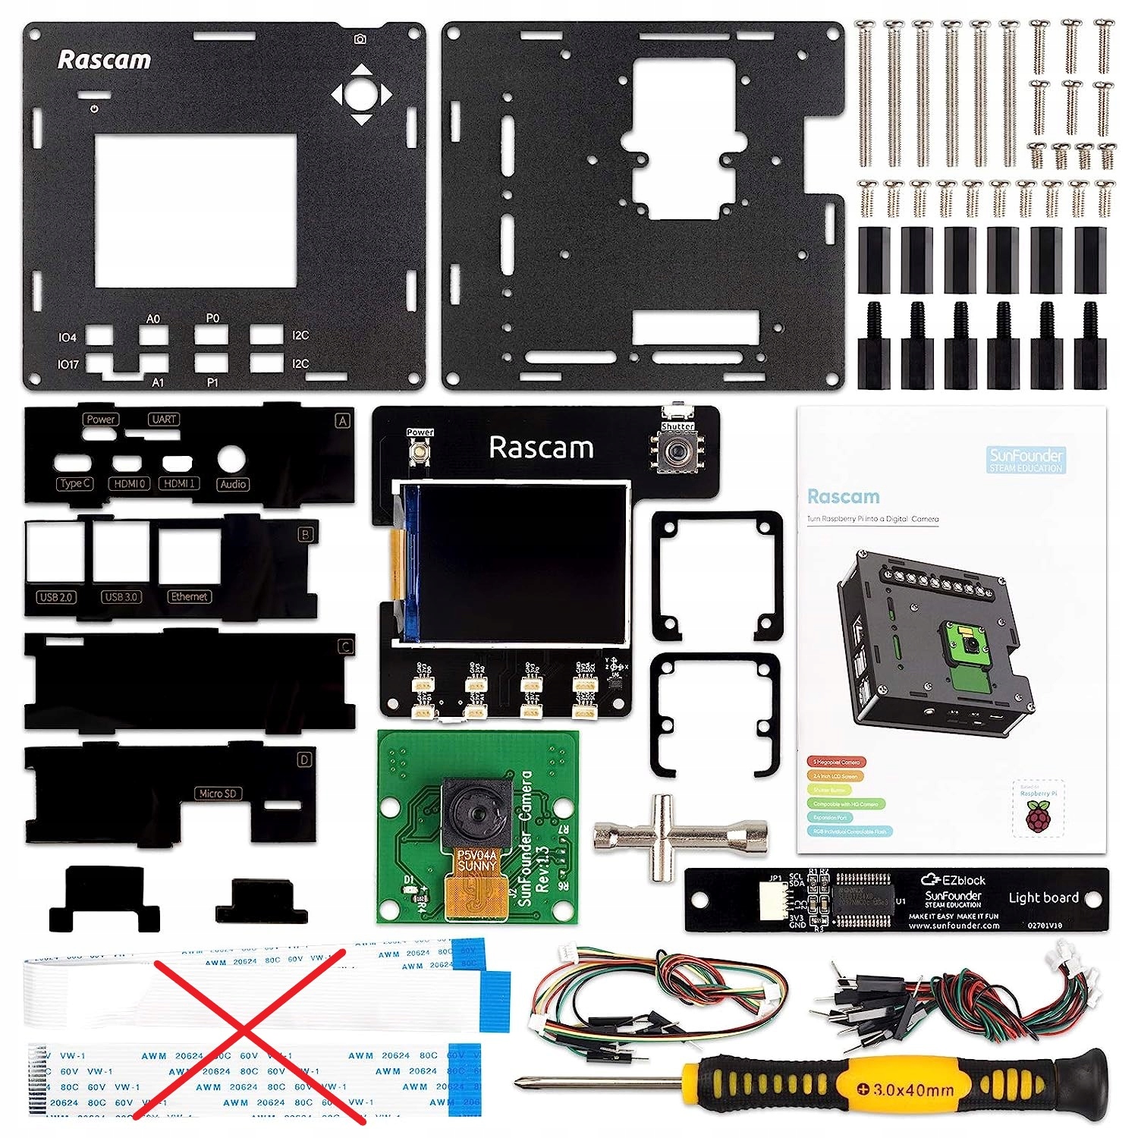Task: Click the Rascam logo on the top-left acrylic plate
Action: [104, 60]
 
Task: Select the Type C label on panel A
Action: [75, 483]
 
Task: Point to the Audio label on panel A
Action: [233, 484]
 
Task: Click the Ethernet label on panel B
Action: [189, 597]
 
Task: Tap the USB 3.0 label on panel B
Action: [121, 597]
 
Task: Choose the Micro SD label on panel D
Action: [218, 794]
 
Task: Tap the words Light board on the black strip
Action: [1043, 898]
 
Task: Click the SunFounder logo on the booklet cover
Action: [1026, 459]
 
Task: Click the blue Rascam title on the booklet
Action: [843, 497]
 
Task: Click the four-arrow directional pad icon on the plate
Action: [362, 95]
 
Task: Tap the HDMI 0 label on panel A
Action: [129, 483]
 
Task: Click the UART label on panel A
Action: [164, 420]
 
